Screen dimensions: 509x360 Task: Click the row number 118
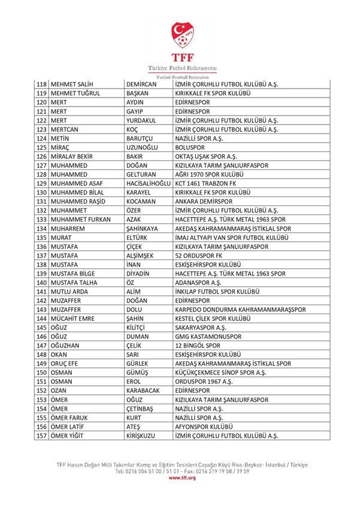tap(42, 85)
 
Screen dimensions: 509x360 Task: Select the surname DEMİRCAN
tap(141, 85)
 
